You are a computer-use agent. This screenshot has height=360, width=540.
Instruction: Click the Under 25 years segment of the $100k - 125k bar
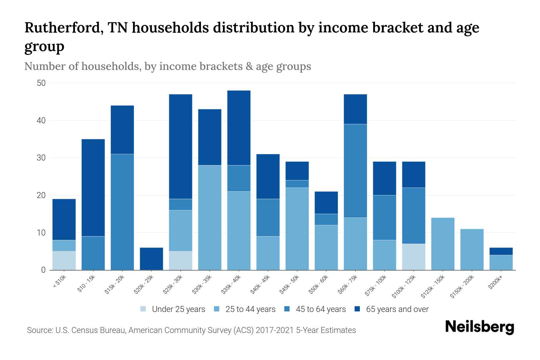coord(414,257)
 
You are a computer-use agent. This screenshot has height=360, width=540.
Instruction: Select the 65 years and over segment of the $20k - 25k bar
coord(151,259)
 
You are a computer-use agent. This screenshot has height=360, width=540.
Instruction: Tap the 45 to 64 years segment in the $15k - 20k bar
coord(122,212)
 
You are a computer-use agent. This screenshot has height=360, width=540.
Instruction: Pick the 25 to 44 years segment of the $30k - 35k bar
coord(210,217)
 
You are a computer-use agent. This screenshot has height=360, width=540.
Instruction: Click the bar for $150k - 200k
coord(472,249)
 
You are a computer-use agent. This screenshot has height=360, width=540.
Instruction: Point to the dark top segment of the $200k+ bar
coord(501,251)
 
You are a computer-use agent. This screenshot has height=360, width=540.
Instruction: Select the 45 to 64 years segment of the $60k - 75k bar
coord(355,171)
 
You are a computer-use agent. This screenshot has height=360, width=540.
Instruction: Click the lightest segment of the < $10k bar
coord(64,260)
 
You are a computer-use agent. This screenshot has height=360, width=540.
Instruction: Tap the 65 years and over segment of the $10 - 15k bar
coord(93,187)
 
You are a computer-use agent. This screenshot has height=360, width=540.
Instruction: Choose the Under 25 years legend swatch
coord(143,309)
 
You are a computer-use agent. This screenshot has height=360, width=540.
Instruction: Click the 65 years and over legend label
coord(397,309)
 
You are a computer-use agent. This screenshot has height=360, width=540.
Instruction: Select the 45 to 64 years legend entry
coord(320,309)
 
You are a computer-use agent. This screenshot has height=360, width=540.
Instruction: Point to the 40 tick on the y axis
coord(41,121)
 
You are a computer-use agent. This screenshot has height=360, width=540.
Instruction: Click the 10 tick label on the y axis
coord(41,233)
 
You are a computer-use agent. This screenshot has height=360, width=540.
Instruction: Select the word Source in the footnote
coord(39,330)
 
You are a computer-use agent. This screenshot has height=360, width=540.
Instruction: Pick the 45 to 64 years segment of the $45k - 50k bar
coord(297,184)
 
